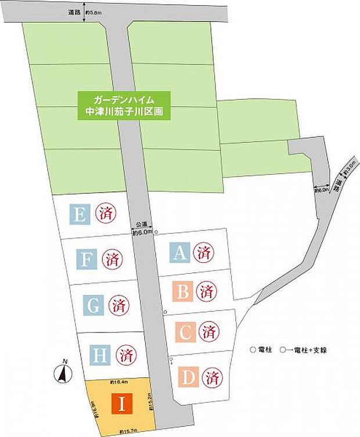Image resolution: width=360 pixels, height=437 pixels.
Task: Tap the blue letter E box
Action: click(80, 215)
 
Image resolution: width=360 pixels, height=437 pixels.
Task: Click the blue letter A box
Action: click(180, 252)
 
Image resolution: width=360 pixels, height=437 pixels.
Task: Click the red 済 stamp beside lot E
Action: click(105, 214)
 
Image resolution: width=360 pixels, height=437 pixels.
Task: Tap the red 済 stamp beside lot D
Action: click(211, 377)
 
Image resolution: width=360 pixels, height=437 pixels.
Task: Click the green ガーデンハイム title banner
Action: click(126, 105)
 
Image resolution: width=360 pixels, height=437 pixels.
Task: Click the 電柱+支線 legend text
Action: click(314, 350)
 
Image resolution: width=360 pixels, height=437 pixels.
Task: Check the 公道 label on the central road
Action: click(142, 223)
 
